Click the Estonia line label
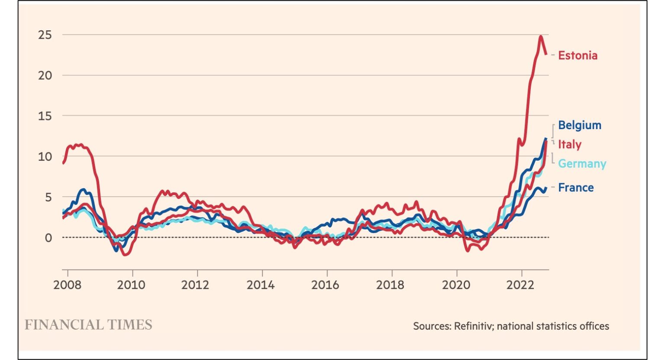coord(578,55)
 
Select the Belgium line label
coord(579,125)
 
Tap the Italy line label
coord(569,144)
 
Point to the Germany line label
coord(582,164)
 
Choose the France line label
coord(575,188)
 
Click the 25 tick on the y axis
coord(45,35)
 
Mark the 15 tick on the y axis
coord(45,116)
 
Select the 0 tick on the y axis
coord(48,238)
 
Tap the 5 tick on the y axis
coord(48,198)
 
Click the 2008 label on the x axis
coord(67,285)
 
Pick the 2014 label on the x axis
coord(261,285)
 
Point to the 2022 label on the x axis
coord(521,285)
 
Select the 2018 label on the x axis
coord(391,285)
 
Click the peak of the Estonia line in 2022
coord(541,36)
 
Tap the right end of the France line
coord(546,188)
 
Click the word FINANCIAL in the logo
coord(64,325)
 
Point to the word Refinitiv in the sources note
coord(474,326)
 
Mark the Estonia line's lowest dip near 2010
coord(125,255)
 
